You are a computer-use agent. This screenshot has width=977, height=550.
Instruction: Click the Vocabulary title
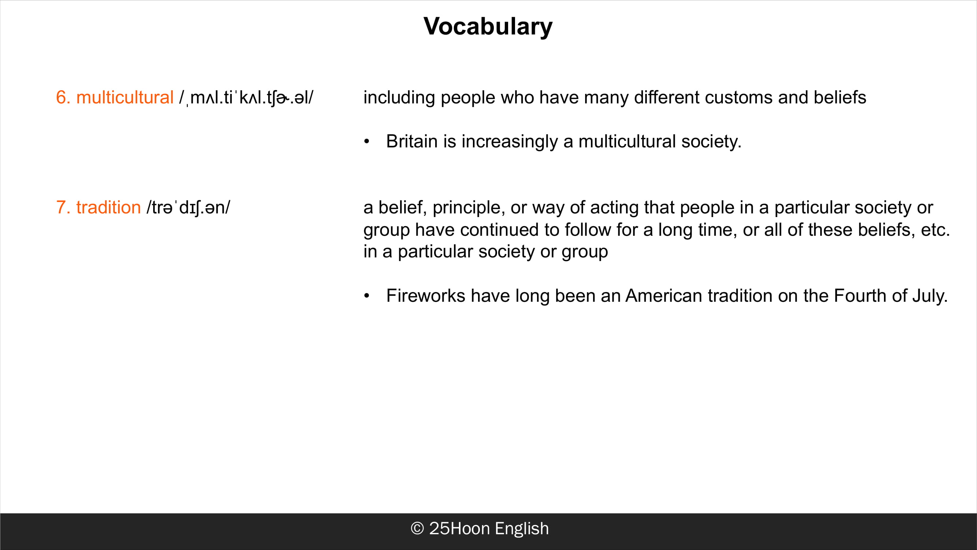point(488,26)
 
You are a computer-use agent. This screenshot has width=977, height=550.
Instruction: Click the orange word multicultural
point(125,97)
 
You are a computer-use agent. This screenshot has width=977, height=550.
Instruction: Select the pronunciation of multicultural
point(246,98)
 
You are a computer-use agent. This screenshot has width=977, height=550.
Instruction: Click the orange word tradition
point(108,208)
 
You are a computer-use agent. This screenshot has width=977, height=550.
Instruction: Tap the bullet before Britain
point(366,142)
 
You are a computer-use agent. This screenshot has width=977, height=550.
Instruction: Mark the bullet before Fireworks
point(366,296)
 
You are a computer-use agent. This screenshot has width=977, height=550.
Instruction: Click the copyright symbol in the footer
point(417,528)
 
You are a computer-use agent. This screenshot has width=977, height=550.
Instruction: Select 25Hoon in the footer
point(459,528)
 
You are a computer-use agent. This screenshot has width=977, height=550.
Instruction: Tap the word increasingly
point(510,142)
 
